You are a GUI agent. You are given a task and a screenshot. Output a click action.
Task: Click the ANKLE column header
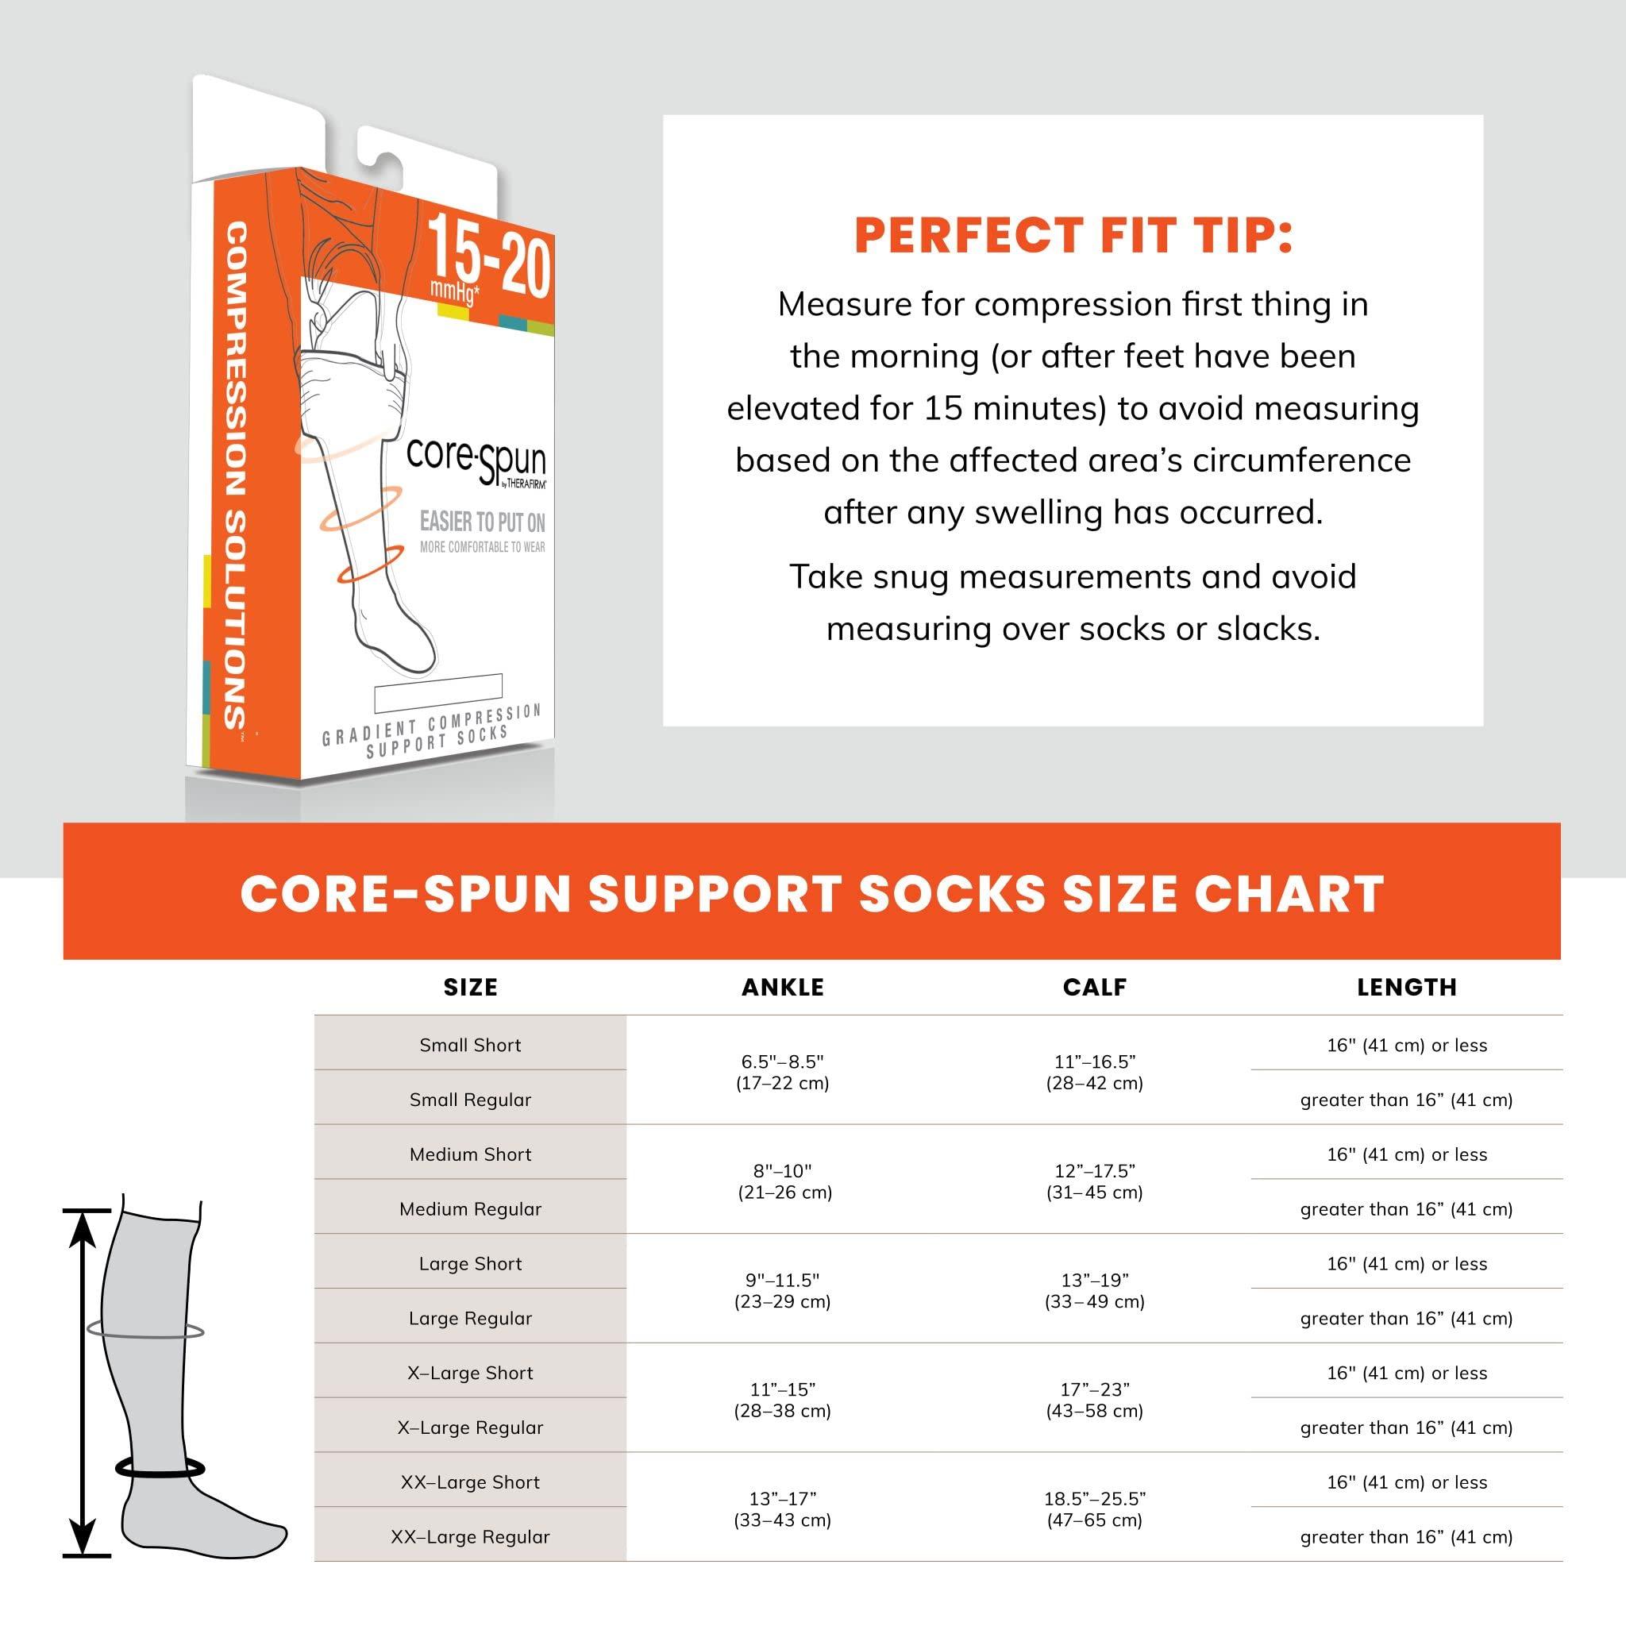pos(783,987)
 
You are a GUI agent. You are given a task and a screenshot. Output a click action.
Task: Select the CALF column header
pos(1094,987)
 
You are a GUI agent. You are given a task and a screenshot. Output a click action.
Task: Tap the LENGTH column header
pos(1406,987)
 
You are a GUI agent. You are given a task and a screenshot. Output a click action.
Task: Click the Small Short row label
pos(471,1046)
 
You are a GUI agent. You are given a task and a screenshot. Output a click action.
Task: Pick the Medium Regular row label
pos(471,1209)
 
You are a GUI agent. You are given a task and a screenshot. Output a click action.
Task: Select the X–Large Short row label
pos(471,1373)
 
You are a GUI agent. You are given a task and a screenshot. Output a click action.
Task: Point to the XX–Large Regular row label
pos(471,1537)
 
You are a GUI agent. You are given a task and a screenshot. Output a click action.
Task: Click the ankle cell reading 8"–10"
pos(784,1181)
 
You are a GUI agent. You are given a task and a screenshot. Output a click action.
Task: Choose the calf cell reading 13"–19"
pos(1094,1290)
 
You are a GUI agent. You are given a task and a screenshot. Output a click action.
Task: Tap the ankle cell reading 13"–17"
pos(783,1509)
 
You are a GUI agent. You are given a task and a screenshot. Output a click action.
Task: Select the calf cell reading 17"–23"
pos(1094,1400)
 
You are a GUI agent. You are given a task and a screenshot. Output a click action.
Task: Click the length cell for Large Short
pos(1406,1263)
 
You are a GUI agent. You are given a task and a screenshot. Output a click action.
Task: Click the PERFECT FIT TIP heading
pos(1073,236)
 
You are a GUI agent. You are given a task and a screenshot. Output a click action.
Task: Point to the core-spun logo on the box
pos(476,460)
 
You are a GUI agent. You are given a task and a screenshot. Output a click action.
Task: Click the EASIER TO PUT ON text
pos(482,522)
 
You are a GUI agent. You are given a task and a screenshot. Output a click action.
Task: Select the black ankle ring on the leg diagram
pos(160,1469)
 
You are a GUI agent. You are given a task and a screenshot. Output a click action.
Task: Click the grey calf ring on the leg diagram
pos(144,1331)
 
